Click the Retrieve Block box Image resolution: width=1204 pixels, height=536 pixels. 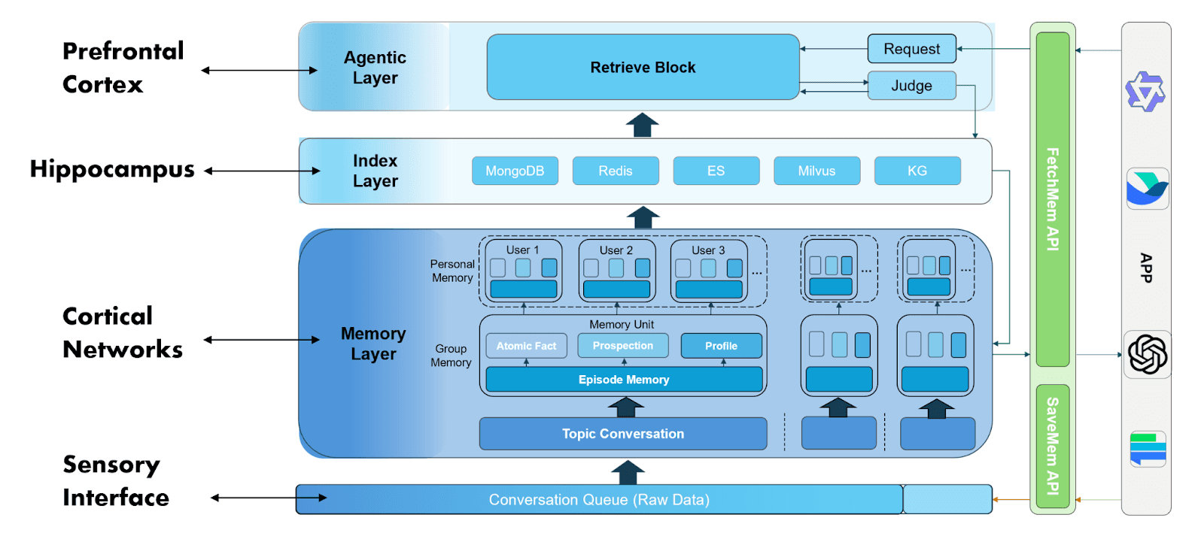[643, 67]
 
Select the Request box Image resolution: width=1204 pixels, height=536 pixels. [911, 49]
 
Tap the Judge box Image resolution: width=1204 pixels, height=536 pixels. [911, 86]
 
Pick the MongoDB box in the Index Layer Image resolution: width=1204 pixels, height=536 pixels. [515, 171]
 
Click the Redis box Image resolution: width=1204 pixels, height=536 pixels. [616, 171]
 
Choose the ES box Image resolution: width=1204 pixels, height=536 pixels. [716, 171]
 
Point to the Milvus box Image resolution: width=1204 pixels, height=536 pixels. [816, 171]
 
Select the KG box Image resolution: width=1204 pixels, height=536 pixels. [917, 171]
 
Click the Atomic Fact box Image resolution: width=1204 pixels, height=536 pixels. [526, 346]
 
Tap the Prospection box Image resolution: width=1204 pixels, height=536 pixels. [622, 345]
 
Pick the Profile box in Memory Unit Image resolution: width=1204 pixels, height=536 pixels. [721, 346]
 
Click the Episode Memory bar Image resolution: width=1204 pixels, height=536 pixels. [624, 380]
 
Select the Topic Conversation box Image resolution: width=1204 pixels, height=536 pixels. [623, 434]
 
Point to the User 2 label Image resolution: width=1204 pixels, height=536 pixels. [616, 250]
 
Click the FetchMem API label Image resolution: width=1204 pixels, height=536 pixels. [1053, 199]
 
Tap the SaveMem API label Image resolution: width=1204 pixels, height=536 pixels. [1053, 446]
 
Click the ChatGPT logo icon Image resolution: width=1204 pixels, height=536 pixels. [1147, 354]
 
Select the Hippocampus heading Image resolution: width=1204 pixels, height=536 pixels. [112, 170]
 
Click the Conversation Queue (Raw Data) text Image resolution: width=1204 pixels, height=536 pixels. [599, 500]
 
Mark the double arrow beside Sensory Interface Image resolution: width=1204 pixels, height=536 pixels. [269, 498]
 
